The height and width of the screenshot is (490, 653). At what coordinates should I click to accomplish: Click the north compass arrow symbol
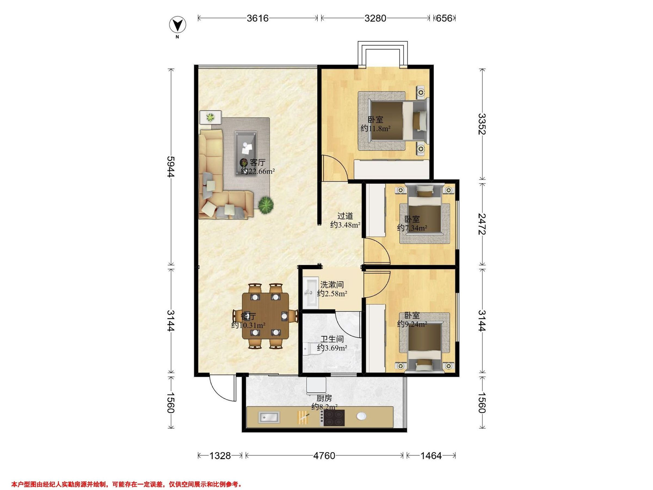tap(177, 25)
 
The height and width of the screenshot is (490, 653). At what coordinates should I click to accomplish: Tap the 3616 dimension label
tap(258, 18)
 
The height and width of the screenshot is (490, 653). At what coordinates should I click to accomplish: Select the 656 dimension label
tap(444, 18)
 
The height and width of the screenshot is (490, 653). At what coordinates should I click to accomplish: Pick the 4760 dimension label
tap(324, 456)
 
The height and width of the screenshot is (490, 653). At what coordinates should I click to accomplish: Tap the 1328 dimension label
tap(220, 456)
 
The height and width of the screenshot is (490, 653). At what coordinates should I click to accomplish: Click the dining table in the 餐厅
tap(265, 316)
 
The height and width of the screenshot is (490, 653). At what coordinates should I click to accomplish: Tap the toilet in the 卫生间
tap(310, 348)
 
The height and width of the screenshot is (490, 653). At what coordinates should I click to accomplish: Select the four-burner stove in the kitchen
tap(334, 418)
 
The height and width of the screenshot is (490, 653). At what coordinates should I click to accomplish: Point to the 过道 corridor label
tap(345, 216)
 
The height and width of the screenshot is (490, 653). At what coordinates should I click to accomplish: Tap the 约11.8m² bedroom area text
tap(375, 129)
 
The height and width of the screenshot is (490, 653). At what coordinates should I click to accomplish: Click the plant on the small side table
tap(210, 117)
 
